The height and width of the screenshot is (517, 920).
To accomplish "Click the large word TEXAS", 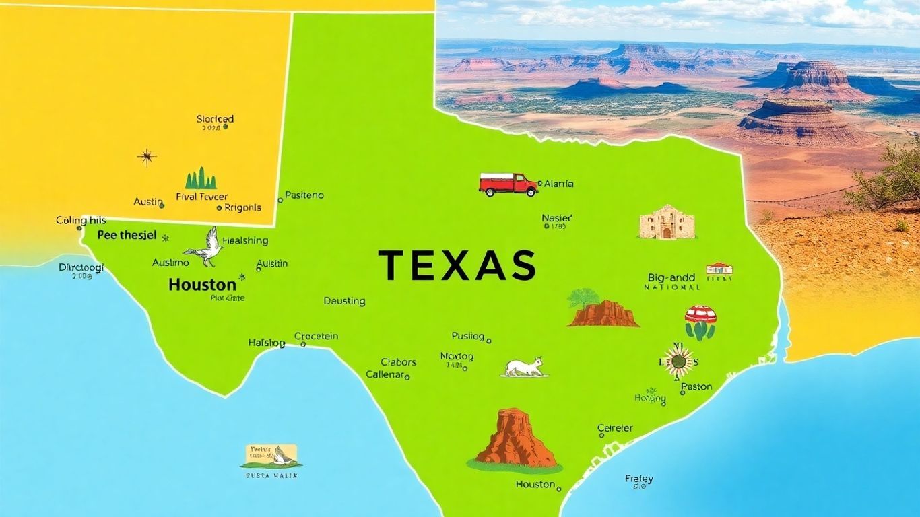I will (457, 265).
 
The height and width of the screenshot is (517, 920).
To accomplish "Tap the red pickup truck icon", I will (508, 184).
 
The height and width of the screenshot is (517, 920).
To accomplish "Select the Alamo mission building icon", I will (666, 222).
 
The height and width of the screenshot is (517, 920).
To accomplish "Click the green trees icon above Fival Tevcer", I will (201, 179).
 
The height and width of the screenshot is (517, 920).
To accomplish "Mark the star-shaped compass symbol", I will (146, 158).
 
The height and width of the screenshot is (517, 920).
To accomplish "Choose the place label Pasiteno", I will (304, 195).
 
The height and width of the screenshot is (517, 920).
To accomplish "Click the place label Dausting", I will (344, 301).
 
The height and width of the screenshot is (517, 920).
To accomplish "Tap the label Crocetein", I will (317, 336).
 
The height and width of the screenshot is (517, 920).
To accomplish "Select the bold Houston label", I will (202, 284).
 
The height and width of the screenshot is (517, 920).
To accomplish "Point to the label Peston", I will (696, 386).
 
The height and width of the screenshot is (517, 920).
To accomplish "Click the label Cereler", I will (615, 428).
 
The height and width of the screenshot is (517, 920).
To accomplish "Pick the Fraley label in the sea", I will (638, 479).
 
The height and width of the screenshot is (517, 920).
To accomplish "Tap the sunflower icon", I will (679, 362).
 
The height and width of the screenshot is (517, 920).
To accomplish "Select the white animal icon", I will (525, 367).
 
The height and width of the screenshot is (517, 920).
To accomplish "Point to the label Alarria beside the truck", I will (558, 184).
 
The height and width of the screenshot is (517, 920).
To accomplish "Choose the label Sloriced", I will (215, 119).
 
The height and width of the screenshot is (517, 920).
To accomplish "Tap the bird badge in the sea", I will (271, 456).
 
